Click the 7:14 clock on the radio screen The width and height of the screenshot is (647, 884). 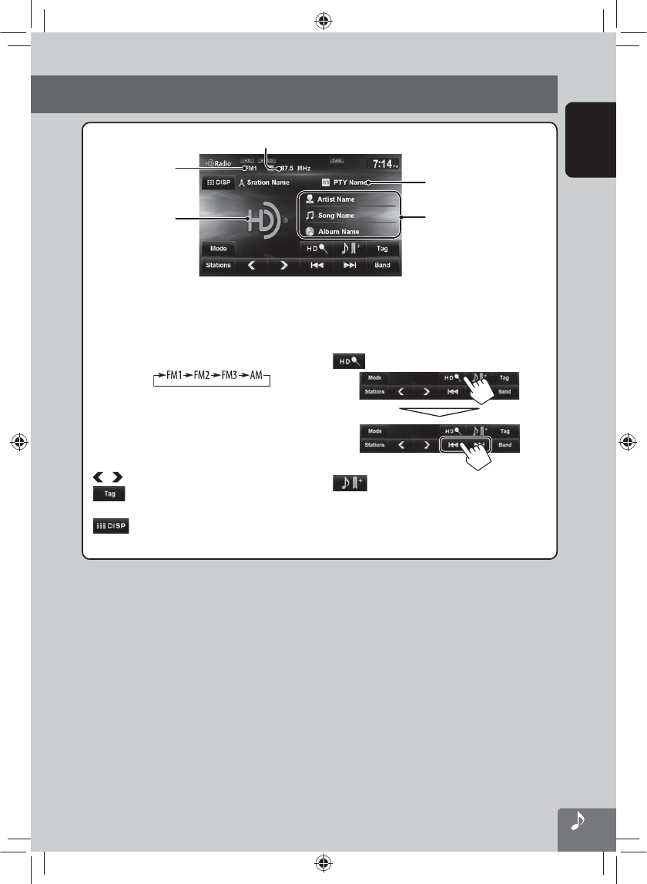pos(382,164)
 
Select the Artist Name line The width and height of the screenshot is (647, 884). pos(336,199)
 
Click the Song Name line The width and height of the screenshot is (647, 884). pos(336,216)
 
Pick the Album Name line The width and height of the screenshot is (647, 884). pos(337,231)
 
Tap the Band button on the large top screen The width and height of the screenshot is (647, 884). pos(382,266)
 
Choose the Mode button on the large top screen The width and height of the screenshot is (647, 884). pos(219,249)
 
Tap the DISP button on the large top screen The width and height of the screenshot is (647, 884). pos(217,183)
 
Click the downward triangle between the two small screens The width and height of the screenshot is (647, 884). pos(440,408)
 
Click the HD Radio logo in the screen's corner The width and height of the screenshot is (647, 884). pos(218,164)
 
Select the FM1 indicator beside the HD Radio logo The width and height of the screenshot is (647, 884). pos(251,169)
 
